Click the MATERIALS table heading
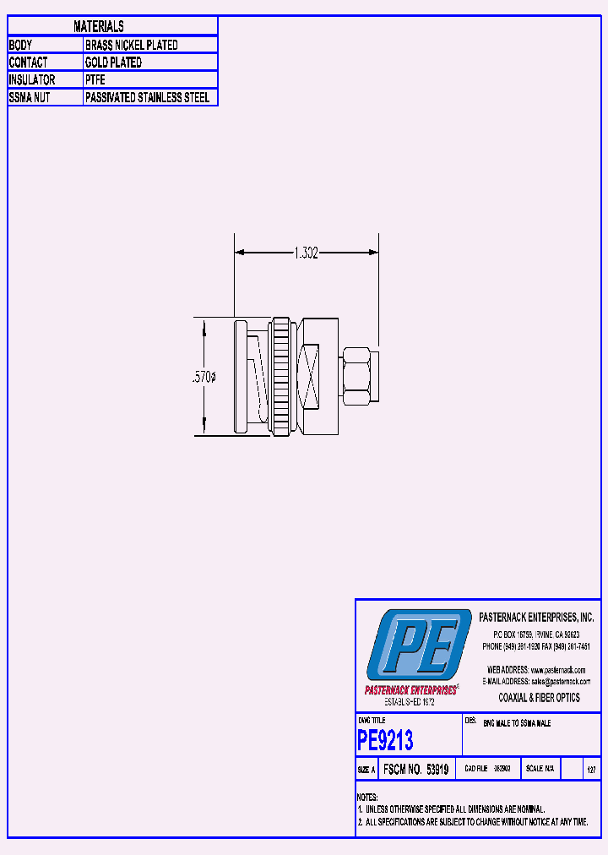pyautogui.click(x=99, y=27)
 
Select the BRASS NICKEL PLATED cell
pyautogui.click(x=131, y=45)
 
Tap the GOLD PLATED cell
pyautogui.click(x=113, y=63)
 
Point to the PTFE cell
pyautogui.click(x=95, y=79)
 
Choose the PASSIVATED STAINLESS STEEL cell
pyautogui.click(x=147, y=97)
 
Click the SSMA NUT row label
pyautogui.click(x=30, y=97)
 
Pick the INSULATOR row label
pyautogui.click(x=32, y=79)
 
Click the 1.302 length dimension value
pyautogui.click(x=306, y=253)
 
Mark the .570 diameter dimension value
pyautogui.click(x=204, y=378)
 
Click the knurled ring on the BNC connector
pyautogui.click(x=280, y=377)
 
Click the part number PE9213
pyautogui.click(x=386, y=741)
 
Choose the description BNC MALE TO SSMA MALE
pyautogui.click(x=517, y=724)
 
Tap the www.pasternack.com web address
pyautogui.click(x=557, y=670)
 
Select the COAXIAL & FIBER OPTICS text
pyautogui.click(x=540, y=698)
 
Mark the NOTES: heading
pyautogui.click(x=367, y=798)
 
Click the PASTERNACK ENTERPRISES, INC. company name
pyautogui.click(x=536, y=618)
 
